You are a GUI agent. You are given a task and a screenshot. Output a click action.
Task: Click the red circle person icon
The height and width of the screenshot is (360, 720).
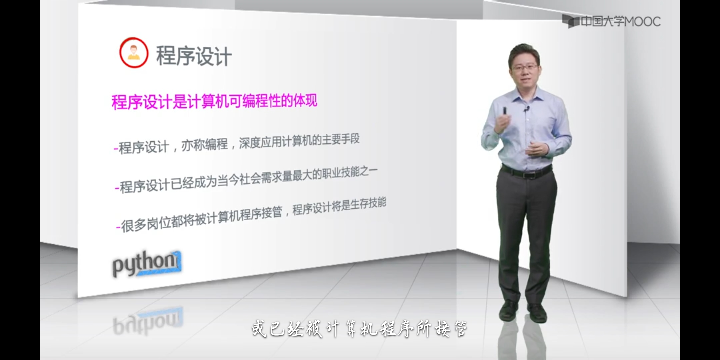134,53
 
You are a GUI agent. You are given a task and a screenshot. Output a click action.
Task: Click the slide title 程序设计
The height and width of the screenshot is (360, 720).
194,56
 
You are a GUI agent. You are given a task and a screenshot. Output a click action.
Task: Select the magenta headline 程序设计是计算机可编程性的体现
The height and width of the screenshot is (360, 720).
214,101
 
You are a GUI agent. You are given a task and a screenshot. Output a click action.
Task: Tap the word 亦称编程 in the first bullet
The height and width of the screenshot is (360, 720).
205,145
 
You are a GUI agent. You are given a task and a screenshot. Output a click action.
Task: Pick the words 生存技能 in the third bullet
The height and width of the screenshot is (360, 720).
368,203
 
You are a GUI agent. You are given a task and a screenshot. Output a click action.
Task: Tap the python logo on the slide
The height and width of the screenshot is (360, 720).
147,264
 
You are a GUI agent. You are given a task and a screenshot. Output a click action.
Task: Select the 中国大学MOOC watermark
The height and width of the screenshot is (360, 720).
611,21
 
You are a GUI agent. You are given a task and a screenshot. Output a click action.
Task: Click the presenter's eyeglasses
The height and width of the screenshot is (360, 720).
525,67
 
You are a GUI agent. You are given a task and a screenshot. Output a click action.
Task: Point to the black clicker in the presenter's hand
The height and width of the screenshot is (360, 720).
504,110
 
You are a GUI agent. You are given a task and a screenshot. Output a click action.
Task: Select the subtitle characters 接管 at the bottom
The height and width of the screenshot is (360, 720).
451,329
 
